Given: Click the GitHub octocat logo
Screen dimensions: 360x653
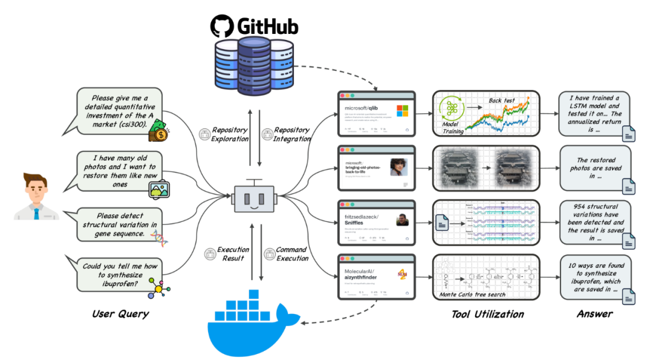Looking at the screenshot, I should pyautogui.click(x=222, y=27).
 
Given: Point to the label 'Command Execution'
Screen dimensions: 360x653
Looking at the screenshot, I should pyautogui.click(x=291, y=254).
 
